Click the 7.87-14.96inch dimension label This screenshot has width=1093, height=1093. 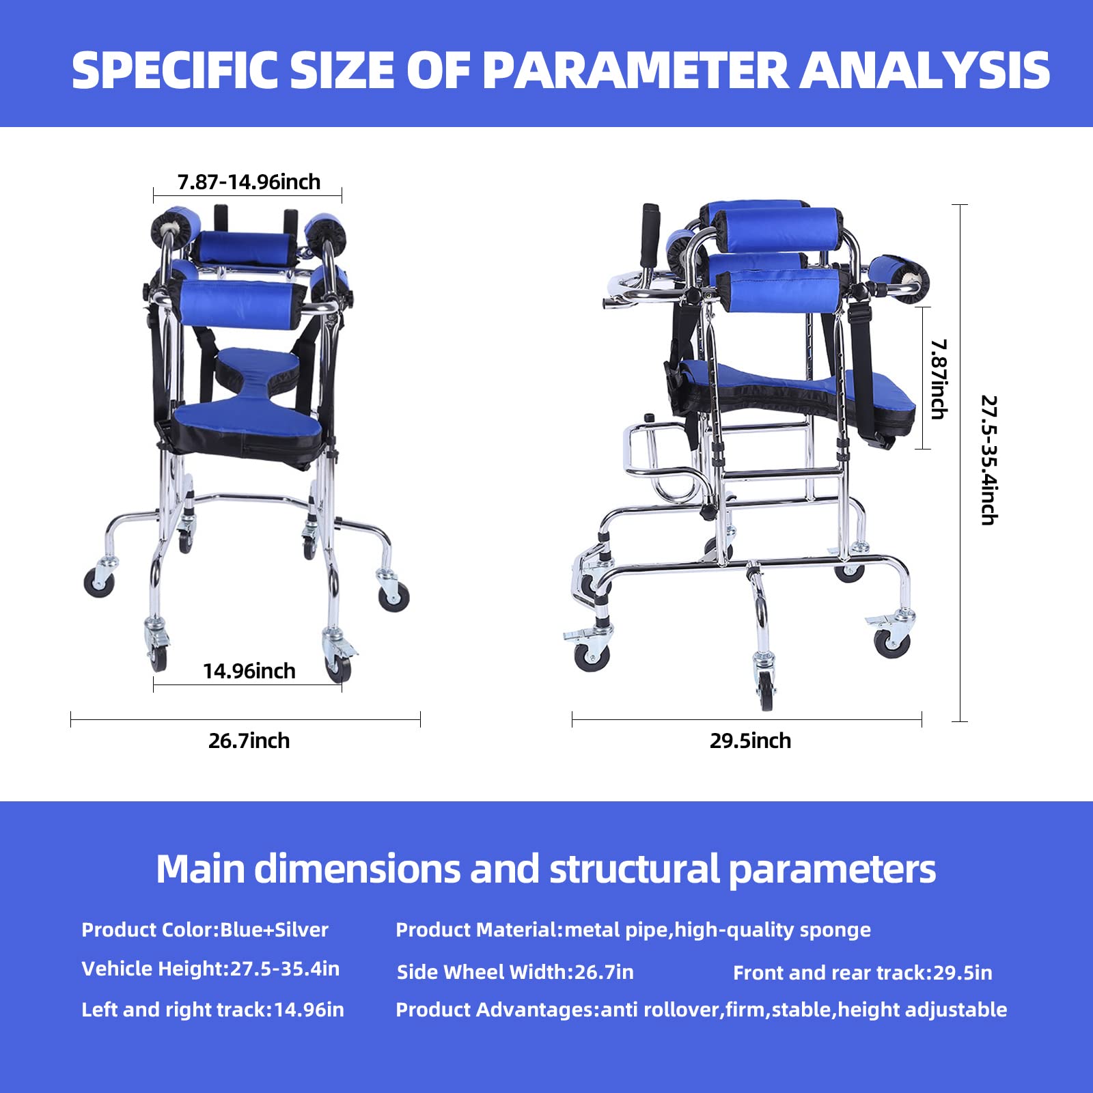pos(249,182)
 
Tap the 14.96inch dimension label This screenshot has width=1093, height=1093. pos(249,671)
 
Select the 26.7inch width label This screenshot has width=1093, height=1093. pos(249,741)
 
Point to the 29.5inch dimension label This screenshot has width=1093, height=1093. pos(750,741)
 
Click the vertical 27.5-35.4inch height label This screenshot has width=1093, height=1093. pos(989,460)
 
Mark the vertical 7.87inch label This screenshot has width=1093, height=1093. pos(939,379)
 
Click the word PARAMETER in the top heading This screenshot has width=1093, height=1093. pos(636,70)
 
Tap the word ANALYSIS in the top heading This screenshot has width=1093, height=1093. pos(926,70)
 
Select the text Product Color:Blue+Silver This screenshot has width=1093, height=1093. pos(205,930)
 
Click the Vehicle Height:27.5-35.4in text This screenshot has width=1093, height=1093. pos(210,969)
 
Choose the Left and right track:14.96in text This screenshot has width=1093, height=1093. pos(212,1010)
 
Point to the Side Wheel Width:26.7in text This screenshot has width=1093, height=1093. pos(515,972)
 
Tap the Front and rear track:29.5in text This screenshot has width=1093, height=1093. pos(863,973)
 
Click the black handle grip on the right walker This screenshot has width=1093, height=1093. pos(650,236)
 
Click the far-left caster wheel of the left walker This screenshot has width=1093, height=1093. pos(98,583)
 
